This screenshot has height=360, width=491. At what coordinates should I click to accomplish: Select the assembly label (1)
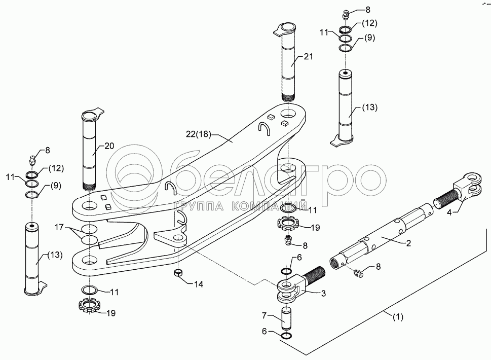point(398,318)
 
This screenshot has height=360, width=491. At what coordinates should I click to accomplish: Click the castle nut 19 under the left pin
point(91,306)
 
